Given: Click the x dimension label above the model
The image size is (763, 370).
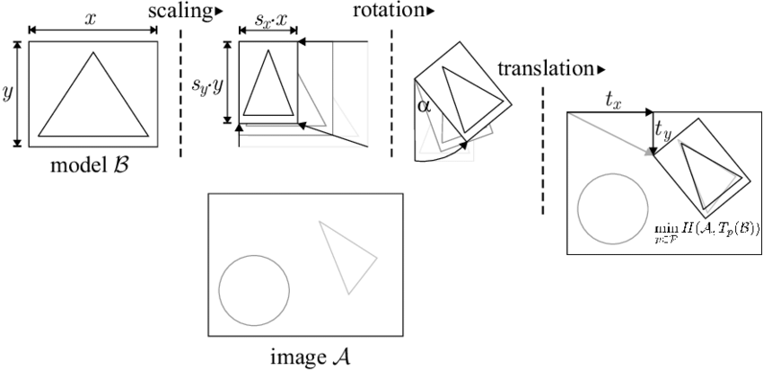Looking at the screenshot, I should point(91,17).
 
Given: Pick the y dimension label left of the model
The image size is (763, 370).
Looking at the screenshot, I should point(8,92).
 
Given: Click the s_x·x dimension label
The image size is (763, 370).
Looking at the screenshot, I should point(267,17).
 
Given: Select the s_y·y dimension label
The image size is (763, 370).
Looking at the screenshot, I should point(207,84).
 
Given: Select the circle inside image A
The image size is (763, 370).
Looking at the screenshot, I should point(254,290).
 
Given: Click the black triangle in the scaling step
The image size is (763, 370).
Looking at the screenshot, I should point(268,85).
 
